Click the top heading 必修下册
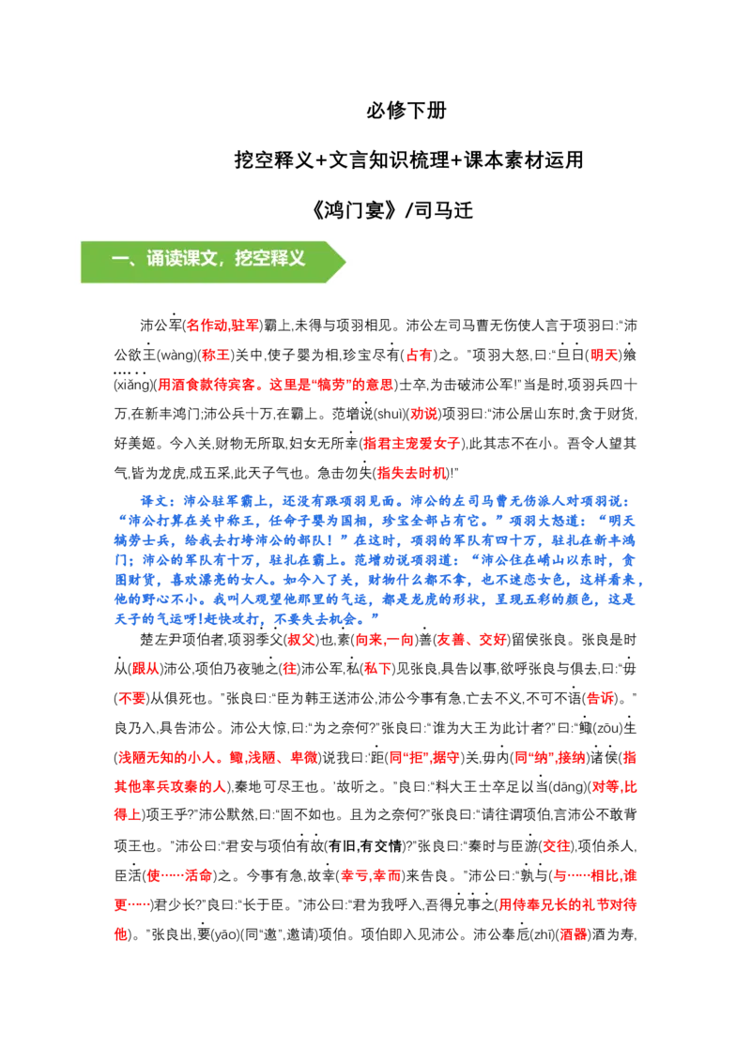[x=406, y=110]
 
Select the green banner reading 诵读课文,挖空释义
[x=213, y=262]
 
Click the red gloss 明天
[x=605, y=355]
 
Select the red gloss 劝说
[x=424, y=414]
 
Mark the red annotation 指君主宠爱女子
[x=411, y=444]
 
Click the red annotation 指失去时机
[x=412, y=473]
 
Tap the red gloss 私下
[x=378, y=669]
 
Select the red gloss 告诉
[x=601, y=698]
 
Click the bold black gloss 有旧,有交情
[x=365, y=846]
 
